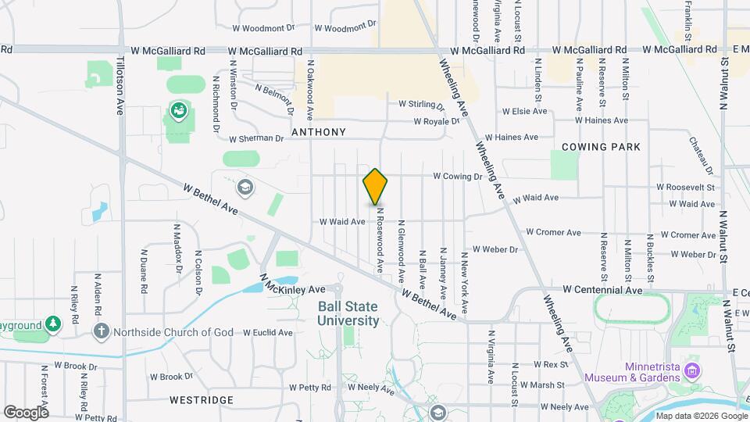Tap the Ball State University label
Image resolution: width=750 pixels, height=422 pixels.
(x=348, y=314)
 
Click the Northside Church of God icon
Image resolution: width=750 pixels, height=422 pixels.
(x=101, y=331)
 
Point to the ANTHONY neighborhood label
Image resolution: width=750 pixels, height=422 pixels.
(x=318, y=132)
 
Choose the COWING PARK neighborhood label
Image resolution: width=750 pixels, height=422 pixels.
(x=601, y=146)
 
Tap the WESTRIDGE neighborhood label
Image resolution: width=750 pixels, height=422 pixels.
(x=201, y=400)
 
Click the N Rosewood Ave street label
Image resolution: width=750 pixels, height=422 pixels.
(x=380, y=239)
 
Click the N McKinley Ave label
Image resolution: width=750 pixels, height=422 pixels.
(x=292, y=288)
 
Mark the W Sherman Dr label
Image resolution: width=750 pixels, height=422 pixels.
(x=256, y=138)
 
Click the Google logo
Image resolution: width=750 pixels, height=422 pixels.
(x=25, y=412)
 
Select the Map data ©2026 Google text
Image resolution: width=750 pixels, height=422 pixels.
(x=701, y=416)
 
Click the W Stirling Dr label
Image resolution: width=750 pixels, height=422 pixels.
(x=421, y=103)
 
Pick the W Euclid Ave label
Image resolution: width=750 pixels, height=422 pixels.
(x=267, y=332)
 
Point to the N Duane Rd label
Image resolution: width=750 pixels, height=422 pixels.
(x=144, y=270)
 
